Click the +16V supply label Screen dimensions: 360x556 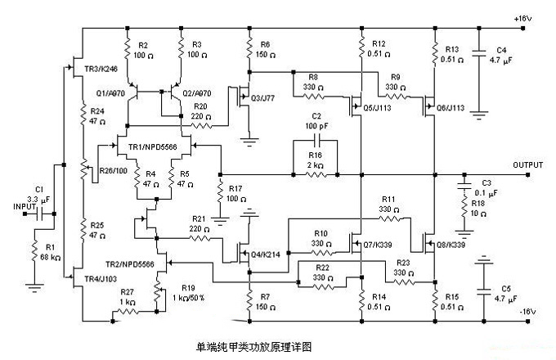[x=524, y=17]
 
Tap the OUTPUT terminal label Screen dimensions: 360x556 [x=528, y=164]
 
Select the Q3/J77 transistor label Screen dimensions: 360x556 [x=262, y=99]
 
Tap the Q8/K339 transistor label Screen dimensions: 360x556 [x=451, y=244]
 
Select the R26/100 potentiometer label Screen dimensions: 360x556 [x=113, y=170]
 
